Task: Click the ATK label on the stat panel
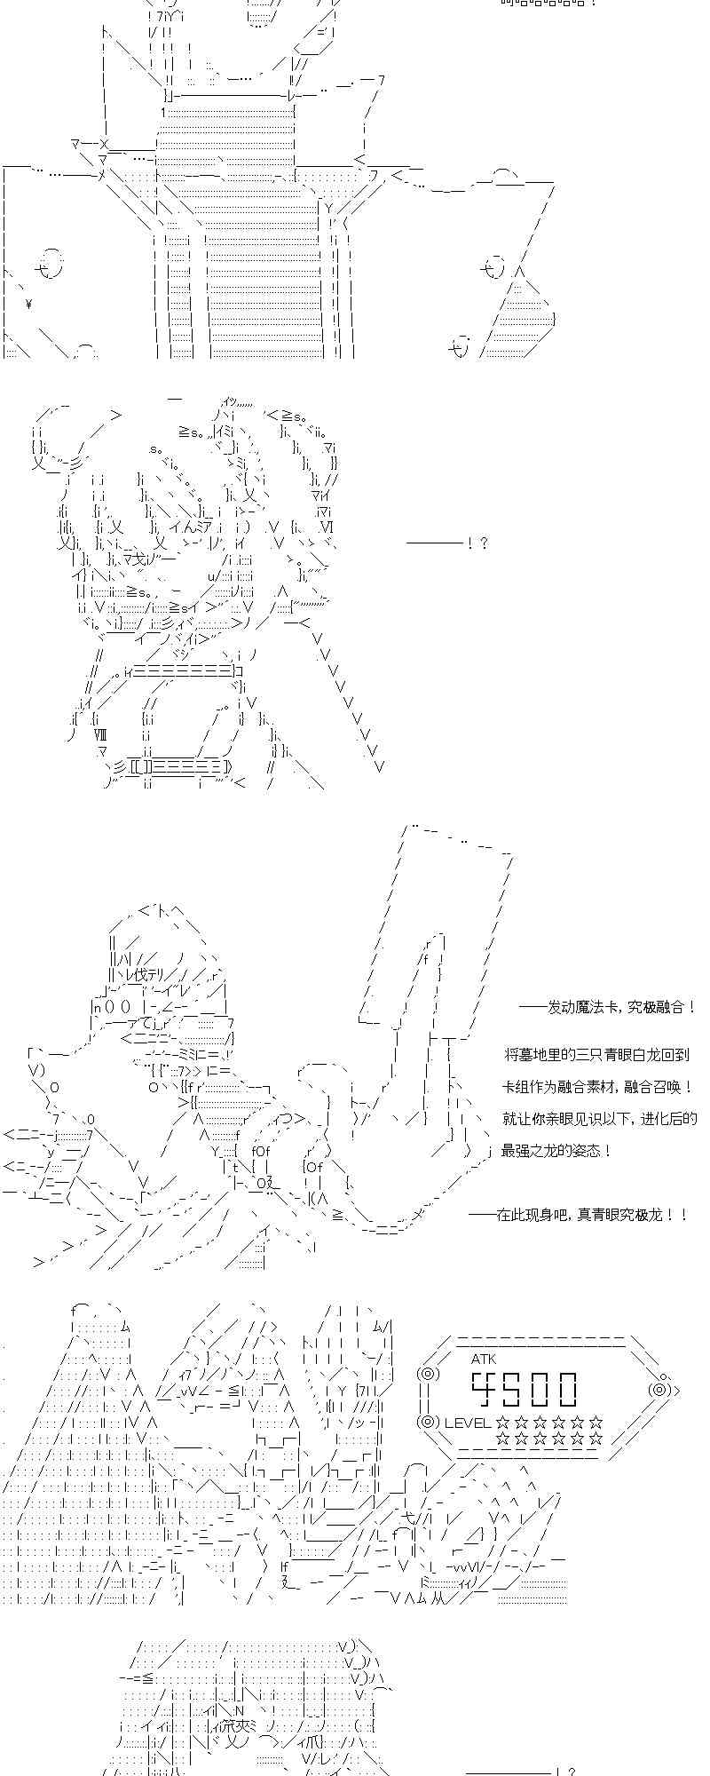pyautogui.click(x=484, y=1359)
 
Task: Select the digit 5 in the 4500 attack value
pyautogui.click(x=517, y=1388)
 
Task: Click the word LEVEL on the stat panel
pyautogui.click(x=468, y=1423)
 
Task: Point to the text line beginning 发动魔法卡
pyautogui.click(x=608, y=1007)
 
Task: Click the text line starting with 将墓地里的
pyautogui.click(x=596, y=1055)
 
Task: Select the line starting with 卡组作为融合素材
pyautogui.click(x=597, y=1087)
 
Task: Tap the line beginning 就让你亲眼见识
pyautogui.click(x=599, y=1119)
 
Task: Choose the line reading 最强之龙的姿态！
pyautogui.click(x=556, y=1151)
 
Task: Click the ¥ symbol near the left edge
pyautogui.click(x=29, y=305)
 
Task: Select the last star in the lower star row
pyautogui.click(x=596, y=1439)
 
